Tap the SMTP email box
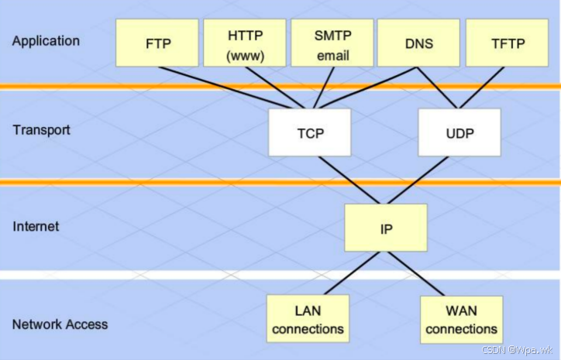(x=332, y=43)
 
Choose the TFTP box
(x=507, y=43)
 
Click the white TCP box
(x=309, y=132)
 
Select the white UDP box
(x=459, y=132)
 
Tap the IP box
(x=385, y=228)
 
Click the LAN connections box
(x=307, y=320)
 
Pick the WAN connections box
(x=461, y=320)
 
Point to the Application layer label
(x=46, y=40)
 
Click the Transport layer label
(x=41, y=129)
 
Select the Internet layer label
(x=36, y=227)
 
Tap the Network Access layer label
(x=60, y=324)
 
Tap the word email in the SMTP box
(x=332, y=56)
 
